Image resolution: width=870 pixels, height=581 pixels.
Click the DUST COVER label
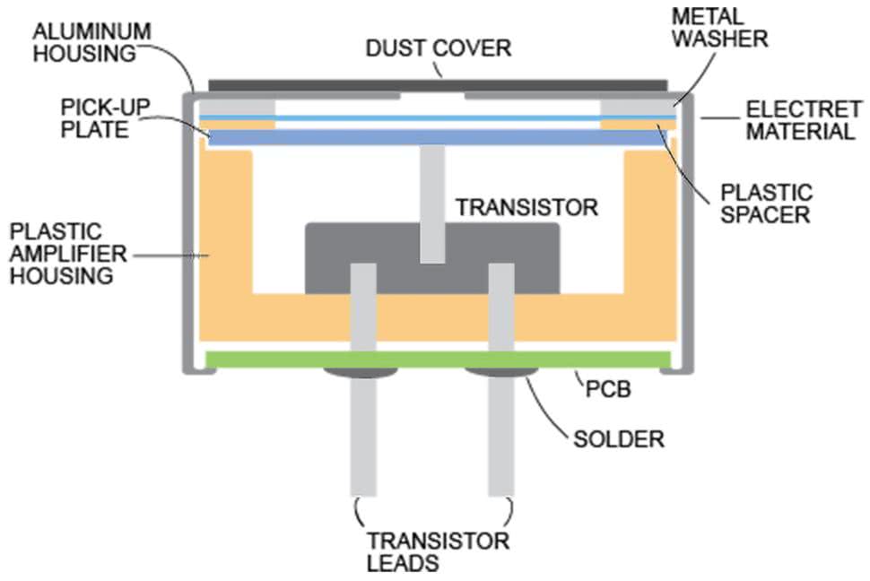click(438, 48)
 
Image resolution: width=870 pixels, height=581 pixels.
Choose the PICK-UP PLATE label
click(100, 117)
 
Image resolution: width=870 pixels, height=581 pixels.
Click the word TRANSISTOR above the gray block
click(526, 208)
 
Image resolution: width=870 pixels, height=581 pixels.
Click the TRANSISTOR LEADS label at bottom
click(437, 551)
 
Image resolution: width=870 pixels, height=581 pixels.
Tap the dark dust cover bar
click(438, 82)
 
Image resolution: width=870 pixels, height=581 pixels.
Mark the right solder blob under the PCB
click(500, 370)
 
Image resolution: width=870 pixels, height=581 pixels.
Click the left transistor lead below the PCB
click(362, 439)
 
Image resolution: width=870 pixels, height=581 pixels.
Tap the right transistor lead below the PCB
click(500, 439)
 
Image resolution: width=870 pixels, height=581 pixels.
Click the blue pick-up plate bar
click(438, 137)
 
